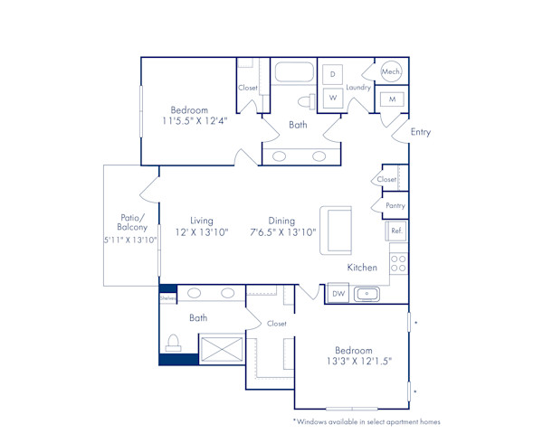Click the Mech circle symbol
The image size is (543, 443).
(391, 71)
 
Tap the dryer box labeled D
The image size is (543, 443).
(332, 74)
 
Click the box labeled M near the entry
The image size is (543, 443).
(392, 99)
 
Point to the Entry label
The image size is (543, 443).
(421, 132)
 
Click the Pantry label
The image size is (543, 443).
(395, 205)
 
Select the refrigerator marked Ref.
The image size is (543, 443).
(396, 231)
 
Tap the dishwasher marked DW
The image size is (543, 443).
(337, 294)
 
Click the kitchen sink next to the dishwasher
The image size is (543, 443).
(367, 294)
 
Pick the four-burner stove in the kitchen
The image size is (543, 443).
(397, 263)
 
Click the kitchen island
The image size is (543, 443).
(336, 231)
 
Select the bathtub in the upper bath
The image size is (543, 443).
(293, 72)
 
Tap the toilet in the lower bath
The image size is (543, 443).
(175, 344)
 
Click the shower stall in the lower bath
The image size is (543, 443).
(220, 348)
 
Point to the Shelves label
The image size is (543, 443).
(167, 296)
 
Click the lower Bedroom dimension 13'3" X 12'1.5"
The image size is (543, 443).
(353, 363)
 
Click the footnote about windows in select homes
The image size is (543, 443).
(366, 421)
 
